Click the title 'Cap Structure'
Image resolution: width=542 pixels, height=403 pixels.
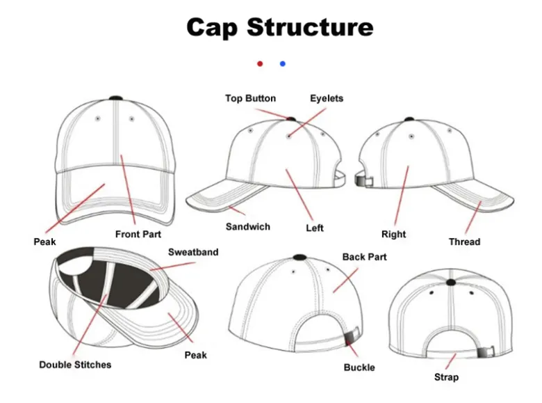pyautogui.click(x=279, y=27)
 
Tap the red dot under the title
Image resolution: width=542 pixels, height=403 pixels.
pyautogui.click(x=260, y=63)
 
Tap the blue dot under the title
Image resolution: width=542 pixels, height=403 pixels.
pyautogui.click(x=282, y=63)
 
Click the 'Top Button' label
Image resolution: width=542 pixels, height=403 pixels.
pyautogui.click(x=250, y=99)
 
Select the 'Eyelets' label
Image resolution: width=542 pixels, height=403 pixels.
pyautogui.click(x=327, y=99)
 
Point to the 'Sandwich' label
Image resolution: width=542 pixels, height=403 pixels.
pyautogui.click(x=248, y=227)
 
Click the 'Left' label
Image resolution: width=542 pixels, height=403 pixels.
pyautogui.click(x=315, y=228)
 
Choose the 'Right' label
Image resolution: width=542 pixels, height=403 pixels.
pyautogui.click(x=393, y=235)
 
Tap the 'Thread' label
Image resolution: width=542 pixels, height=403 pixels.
pyautogui.click(x=464, y=242)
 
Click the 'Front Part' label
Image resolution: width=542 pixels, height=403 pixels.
pyautogui.click(x=138, y=235)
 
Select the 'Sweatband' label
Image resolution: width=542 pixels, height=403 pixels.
pyautogui.click(x=193, y=252)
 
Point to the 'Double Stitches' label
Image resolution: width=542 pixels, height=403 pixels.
pyautogui.click(x=75, y=365)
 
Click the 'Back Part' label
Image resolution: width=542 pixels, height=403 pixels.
pyautogui.click(x=364, y=258)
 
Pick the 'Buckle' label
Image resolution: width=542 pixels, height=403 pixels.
pyautogui.click(x=359, y=368)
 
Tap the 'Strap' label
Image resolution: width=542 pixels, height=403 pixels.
pyautogui.click(x=446, y=377)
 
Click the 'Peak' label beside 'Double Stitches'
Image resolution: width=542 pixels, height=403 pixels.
pyautogui.click(x=195, y=356)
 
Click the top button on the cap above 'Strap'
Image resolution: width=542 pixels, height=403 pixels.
pyautogui.click(x=452, y=282)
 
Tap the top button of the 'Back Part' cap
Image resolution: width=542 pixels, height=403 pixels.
pyautogui.click(x=299, y=257)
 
